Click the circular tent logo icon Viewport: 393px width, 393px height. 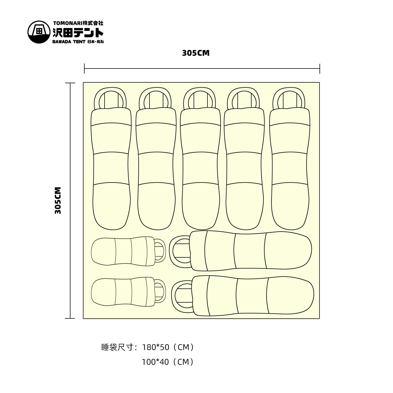39,32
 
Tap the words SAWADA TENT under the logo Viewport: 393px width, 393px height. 69,42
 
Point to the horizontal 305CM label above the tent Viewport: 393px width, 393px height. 196,53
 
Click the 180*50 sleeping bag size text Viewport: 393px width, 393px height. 156,347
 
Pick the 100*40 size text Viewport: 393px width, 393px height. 155,362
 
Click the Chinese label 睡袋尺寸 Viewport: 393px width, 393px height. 118,347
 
